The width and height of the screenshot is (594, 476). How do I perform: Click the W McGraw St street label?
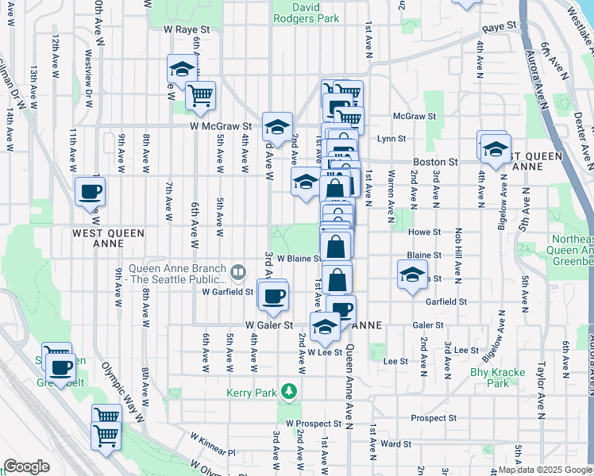click(220, 125)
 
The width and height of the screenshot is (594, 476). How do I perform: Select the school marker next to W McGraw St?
click(277, 127)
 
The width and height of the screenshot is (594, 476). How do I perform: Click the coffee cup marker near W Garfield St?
click(274, 297)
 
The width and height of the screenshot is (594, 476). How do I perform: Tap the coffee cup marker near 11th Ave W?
click(90, 191)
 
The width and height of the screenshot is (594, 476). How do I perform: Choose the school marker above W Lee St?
click(324, 326)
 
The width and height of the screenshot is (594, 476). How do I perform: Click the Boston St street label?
click(435, 161)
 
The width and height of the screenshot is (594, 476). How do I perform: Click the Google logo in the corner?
click(27, 466)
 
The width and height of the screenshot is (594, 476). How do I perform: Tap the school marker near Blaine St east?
click(411, 275)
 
